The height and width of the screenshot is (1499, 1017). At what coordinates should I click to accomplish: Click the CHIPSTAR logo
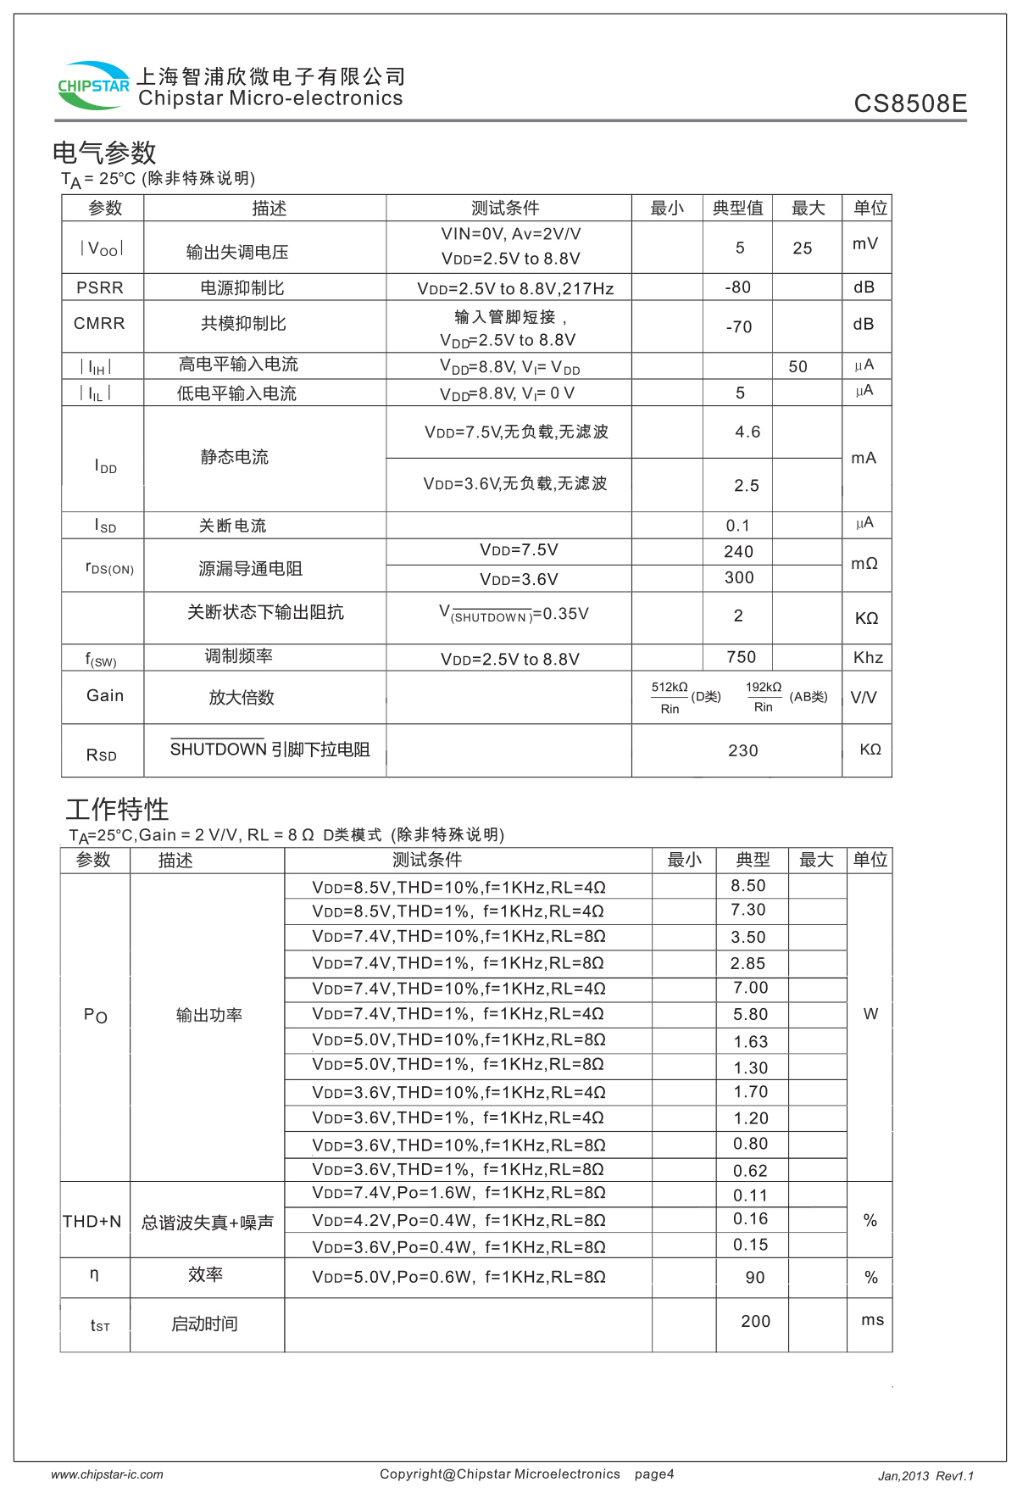pos(93,86)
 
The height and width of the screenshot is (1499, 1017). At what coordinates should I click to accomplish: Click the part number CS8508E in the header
pos(909,103)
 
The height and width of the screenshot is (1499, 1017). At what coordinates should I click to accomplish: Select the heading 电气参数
pos(104,153)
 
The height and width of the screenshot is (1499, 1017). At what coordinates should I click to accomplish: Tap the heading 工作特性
pos(117,809)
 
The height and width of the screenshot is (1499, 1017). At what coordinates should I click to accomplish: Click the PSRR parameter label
pos(100,287)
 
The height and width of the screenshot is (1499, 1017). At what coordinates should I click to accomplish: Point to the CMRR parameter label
pos(99,324)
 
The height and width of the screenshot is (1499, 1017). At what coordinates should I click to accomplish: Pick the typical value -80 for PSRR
pos(737,287)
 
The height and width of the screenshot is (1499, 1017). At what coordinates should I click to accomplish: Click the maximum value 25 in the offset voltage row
pos(802,248)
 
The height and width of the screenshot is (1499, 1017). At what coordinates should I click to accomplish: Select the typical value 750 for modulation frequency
pos(741,657)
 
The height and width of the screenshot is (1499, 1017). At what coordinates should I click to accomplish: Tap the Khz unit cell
pos(868,658)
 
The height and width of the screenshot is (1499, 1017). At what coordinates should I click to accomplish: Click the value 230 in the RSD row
pos(742,750)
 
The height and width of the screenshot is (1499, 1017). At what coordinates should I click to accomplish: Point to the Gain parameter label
pos(105,696)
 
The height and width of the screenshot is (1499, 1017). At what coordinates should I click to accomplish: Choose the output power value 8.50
pos(748,886)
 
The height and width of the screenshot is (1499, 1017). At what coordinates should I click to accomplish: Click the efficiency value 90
pos(754,1278)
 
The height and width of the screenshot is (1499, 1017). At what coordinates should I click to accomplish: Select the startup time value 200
pos(755,1322)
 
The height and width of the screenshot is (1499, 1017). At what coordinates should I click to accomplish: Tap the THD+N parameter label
pos(92,1222)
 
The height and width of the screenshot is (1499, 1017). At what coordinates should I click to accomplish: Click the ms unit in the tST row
pos(872,1320)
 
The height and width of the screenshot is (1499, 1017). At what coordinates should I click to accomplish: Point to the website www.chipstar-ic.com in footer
pos(107,1474)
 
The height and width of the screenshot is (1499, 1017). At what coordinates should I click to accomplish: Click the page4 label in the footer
pos(654,1474)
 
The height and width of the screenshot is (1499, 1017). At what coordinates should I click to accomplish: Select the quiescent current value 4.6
pos(747,432)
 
